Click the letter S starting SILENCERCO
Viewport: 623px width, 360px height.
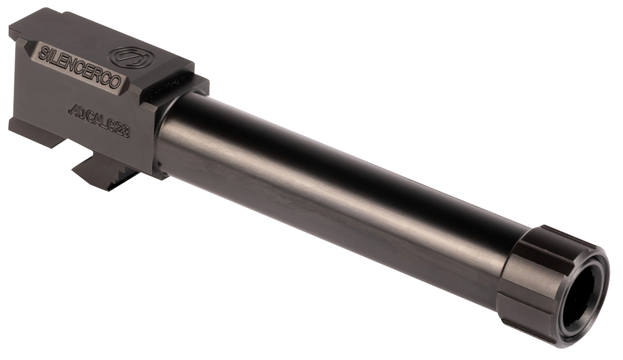pyautogui.click(x=43, y=53)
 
